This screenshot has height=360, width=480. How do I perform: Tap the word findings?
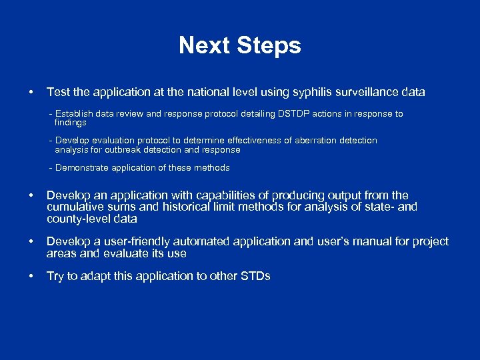pos(70,123)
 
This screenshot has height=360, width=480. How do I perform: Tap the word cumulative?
pos(75,207)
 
